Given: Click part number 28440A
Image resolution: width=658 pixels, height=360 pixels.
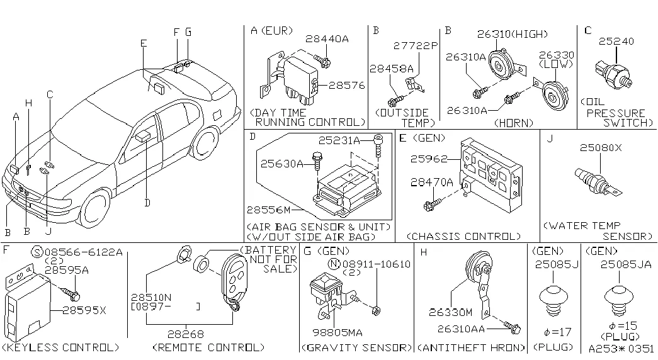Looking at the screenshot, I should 327,38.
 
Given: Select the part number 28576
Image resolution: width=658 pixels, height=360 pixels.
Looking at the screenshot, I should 346,85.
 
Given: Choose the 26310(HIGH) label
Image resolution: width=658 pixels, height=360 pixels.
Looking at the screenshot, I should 512,34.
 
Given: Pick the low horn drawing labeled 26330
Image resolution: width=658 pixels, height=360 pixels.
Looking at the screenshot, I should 552,93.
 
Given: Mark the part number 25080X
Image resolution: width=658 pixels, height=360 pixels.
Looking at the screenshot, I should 601,147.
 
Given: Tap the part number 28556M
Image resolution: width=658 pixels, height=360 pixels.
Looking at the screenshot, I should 268,209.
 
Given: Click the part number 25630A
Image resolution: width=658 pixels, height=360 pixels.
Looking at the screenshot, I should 281,164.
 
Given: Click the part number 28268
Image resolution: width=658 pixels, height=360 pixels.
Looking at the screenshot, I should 186,334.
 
